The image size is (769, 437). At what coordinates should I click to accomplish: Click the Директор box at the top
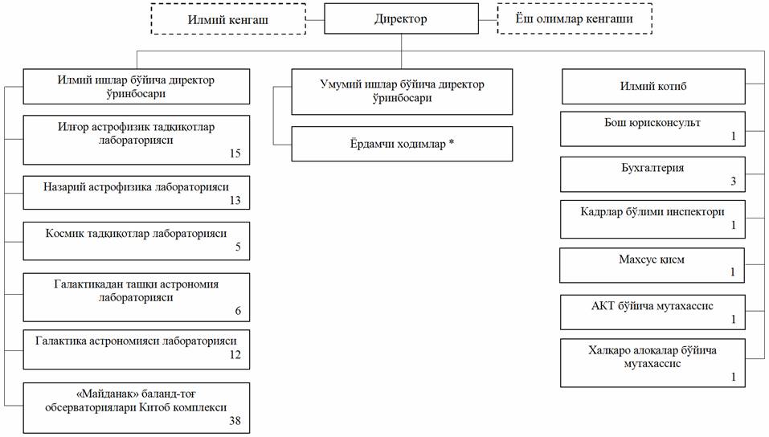(401, 18)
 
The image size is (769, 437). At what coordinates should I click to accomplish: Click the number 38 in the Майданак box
(235, 420)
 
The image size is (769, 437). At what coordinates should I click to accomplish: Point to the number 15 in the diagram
(235, 153)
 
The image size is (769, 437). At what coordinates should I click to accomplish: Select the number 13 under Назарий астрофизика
(235, 200)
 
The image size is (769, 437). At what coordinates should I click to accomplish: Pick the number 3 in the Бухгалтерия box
(733, 182)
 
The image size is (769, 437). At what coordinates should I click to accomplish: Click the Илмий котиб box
(652, 87)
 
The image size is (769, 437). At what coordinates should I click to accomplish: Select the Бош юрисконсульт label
(652, 123)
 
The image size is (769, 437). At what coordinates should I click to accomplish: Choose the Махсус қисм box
(652, 259)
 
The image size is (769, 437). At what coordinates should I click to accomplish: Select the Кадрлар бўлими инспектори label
(652, 212)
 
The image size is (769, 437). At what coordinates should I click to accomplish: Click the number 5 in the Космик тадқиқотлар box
(238, 247)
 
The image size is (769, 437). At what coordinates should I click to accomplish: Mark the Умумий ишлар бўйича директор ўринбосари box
(401, 91)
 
